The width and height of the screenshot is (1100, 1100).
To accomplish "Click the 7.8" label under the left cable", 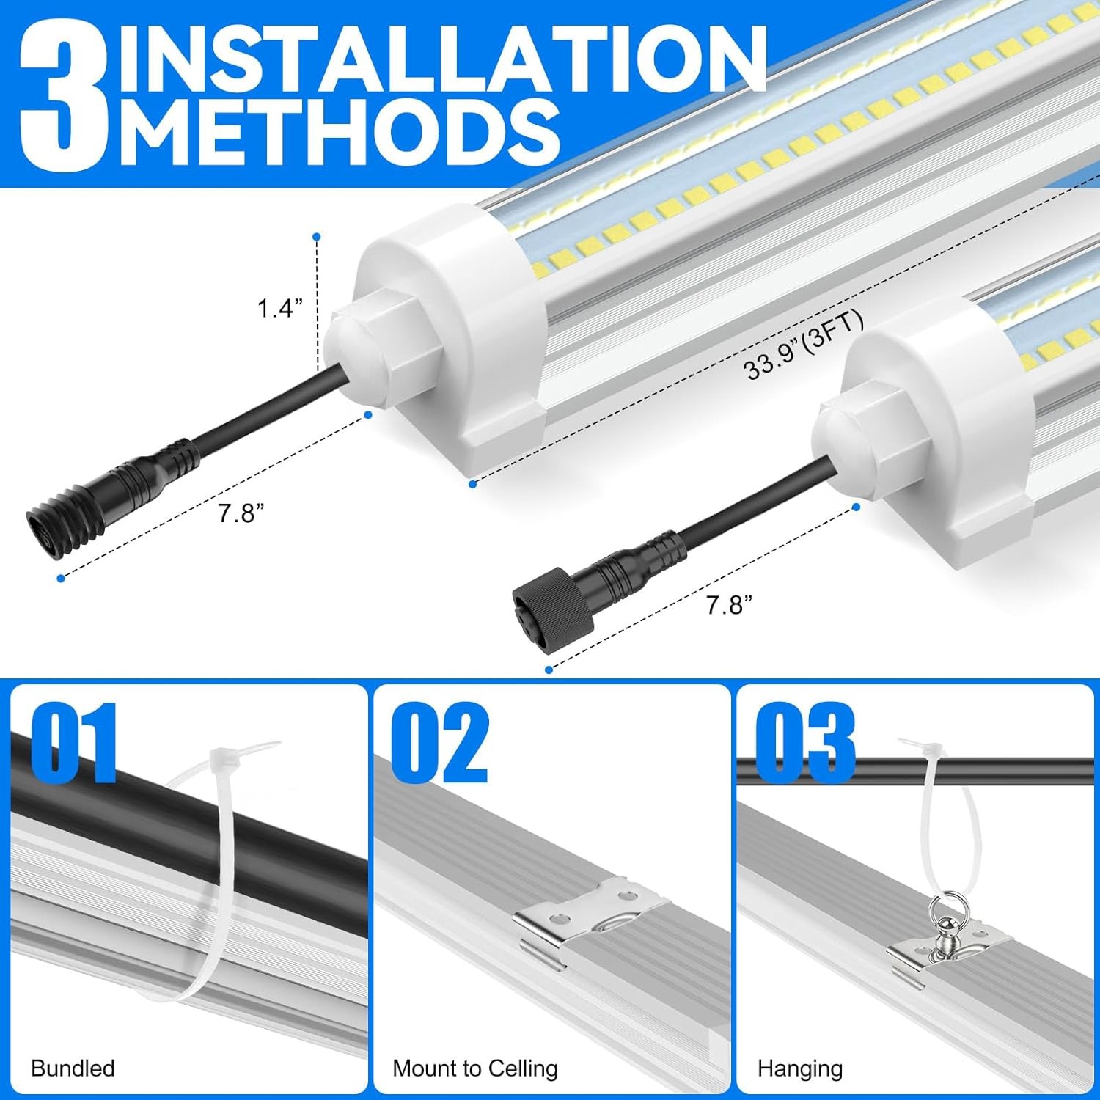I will click(x=241, y=513).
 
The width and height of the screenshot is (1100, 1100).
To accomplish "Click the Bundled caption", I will click(x=73, y=1068).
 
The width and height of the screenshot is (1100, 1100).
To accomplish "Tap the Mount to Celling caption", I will click(x=475, y=1068).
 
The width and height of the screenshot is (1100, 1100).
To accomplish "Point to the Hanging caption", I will click(x=799, y=1068).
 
